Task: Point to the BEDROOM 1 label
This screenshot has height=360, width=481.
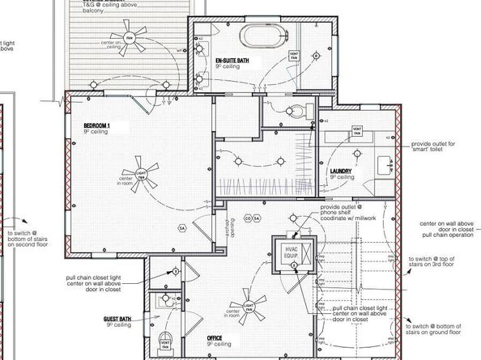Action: tap(100, 126)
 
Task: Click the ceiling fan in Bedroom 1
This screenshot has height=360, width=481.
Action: tap(128, 179)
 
